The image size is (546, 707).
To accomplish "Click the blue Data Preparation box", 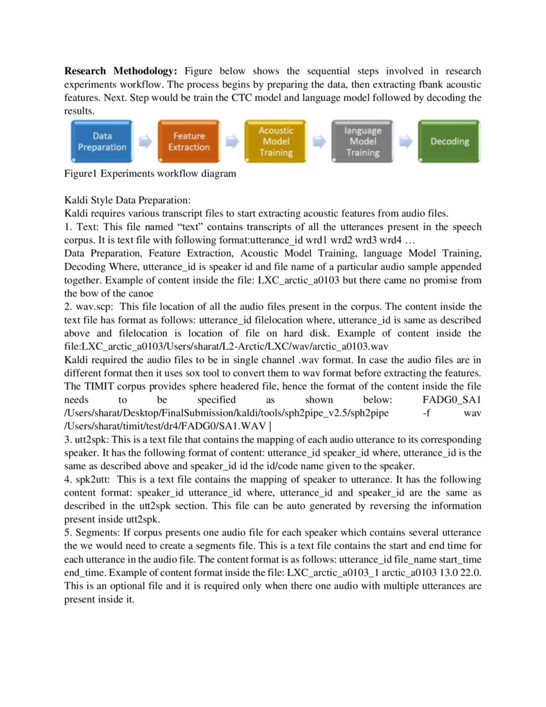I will tap(102, 141).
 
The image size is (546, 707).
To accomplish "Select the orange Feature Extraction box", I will tap(189, 141).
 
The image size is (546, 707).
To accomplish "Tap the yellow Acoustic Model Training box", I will tap(276, 141).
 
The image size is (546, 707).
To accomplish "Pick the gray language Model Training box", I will tap(363, 141).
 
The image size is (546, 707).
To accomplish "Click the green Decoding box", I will tap(450, 141).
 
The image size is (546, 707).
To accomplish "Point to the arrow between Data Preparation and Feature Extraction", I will tap(146, 142).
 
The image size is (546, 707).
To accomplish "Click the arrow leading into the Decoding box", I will tap(407, 142).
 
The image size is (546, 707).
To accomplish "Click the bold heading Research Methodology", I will tap(123, 71).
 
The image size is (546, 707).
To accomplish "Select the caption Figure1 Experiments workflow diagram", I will tap(149, 174).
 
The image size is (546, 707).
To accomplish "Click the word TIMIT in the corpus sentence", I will tap(98, 386).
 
